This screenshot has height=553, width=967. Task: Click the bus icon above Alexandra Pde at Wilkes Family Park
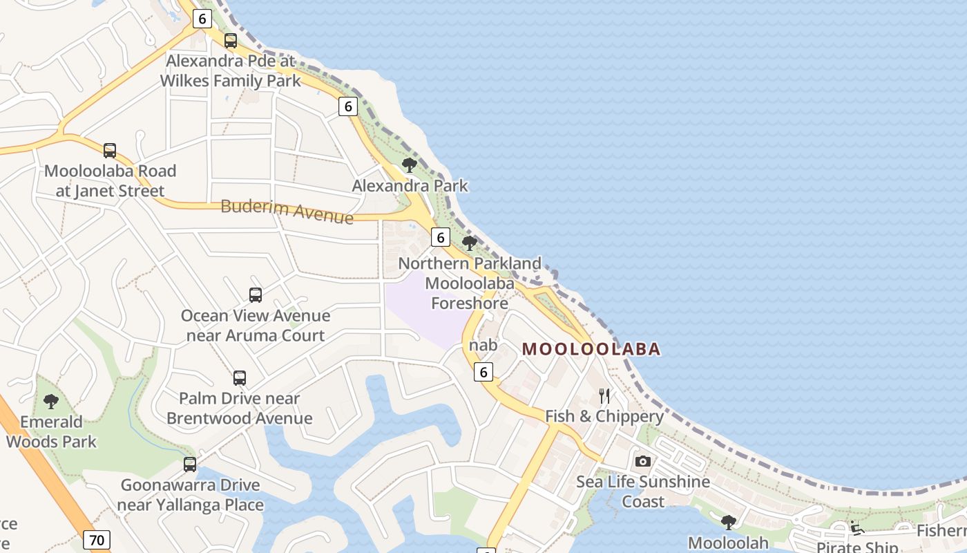[231, 41]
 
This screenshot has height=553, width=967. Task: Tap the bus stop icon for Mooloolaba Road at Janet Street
[110, 150]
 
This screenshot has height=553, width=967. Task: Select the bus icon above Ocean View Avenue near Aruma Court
[256, 295]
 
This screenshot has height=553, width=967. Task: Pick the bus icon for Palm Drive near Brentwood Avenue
[240, 378]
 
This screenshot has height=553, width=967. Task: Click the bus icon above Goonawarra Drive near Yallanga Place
[190, 465]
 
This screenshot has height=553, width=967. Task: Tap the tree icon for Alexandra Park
[410, 165]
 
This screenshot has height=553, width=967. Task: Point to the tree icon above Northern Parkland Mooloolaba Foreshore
[470, 243]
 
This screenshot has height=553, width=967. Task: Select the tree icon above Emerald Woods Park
[51, 402]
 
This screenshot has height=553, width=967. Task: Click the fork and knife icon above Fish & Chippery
[604, 396]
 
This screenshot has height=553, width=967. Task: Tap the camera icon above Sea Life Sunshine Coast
[643, 461]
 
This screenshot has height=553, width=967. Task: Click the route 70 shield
[97, 539]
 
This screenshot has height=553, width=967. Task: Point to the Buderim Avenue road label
[287, 211]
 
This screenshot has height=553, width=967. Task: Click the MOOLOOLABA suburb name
[591, 349]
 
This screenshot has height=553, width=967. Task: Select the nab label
[483, 345]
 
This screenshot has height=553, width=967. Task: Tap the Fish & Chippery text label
[604, 416]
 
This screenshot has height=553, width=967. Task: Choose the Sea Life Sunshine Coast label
[643, 491]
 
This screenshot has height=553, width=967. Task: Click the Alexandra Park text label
[410, 185]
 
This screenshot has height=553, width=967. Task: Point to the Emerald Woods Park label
[51, 431]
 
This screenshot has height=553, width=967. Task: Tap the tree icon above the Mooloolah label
[728, 522]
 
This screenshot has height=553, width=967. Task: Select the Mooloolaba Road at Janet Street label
[110, 180]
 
